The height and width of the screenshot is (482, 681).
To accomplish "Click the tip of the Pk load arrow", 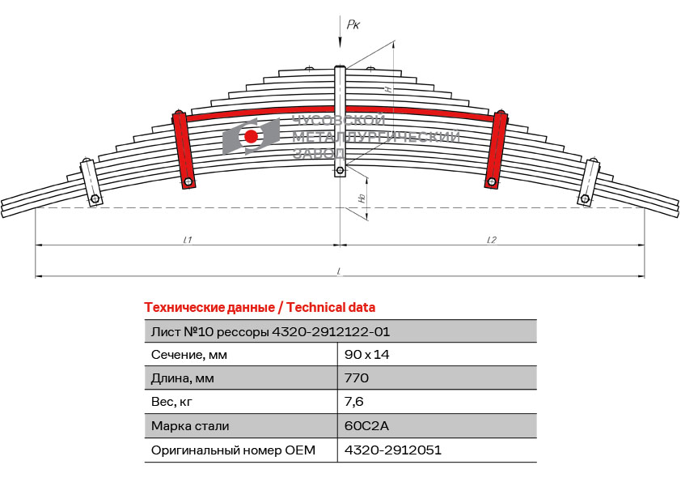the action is click(340, 46).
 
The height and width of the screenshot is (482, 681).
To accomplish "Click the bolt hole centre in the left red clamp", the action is click(188, 181).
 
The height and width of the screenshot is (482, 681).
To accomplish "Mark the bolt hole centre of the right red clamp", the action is click(492, 181).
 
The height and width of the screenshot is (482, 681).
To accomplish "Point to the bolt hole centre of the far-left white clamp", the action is click(95, 199).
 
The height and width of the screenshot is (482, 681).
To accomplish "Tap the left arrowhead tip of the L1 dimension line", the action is click(36, 245).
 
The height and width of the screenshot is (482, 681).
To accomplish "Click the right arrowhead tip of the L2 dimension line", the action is click(645, 245).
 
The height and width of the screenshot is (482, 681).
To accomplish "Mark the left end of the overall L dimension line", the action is click(36, 275).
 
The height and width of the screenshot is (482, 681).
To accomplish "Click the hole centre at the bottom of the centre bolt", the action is click(340, 169).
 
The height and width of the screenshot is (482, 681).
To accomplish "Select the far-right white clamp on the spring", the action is click(588, 182).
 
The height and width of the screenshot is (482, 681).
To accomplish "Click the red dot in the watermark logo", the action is click(251, 137).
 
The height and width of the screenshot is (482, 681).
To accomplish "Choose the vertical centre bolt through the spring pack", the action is click(340, 121).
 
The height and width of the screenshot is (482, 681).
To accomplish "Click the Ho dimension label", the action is click(362, 198).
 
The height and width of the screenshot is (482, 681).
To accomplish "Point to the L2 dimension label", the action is click(491, 240).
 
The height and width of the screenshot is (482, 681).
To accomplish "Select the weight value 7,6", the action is click(354, 402).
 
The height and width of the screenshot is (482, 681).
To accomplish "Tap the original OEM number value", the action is click(392, 450).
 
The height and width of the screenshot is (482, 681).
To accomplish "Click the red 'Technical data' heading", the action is click(260, 308).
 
